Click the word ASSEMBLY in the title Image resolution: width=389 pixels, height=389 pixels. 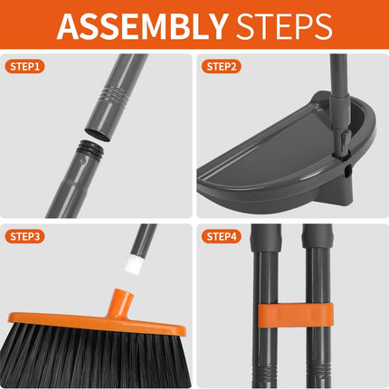click(x=142, y=26)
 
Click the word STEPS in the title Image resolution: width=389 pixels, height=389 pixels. click(x=284, y=26)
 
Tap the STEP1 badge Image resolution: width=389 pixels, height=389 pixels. click(x=24, y=66)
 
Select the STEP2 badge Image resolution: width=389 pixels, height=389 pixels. click(x=222, y=66)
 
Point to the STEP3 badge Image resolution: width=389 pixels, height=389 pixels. click(x=24, y=236)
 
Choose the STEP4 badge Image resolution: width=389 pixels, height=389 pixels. click(x=222, y=236)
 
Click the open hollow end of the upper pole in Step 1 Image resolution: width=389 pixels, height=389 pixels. click(x=98, y=135)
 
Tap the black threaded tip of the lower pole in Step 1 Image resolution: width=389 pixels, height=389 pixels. click(x=90, y=148)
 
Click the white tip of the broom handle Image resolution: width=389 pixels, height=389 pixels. click(x=133, y=264)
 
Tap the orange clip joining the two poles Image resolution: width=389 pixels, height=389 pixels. click(x=296, y=315)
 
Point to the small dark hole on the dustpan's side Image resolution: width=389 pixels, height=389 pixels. click(x=346, y=171)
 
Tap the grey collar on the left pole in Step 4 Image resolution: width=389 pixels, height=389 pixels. click(x=266, y=238)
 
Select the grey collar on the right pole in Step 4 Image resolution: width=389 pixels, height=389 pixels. click(x=318, y=238)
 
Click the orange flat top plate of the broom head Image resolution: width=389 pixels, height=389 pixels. click(x=97, y=323)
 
